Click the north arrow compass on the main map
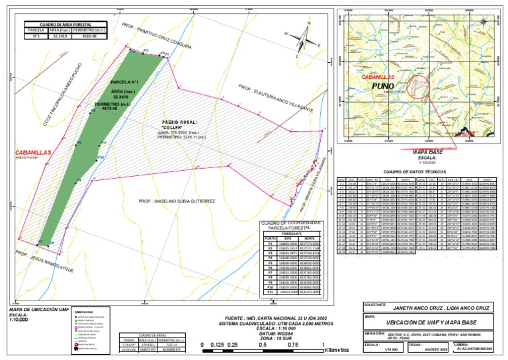304,32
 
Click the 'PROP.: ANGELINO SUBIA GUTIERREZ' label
177,201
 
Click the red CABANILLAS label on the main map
33,153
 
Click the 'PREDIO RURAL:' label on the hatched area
180,122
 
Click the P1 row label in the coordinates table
269,244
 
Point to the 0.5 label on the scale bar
262,345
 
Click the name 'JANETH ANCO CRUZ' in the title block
417,308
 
